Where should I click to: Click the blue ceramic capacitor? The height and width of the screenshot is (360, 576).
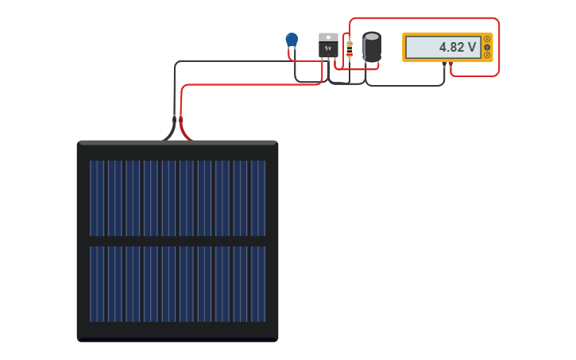tap(292, 39)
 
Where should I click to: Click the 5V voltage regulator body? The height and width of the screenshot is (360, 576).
tap(328, 48)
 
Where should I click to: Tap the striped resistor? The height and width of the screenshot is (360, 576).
tap(350, 48)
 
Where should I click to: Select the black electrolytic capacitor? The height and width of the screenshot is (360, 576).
tap(372, 48)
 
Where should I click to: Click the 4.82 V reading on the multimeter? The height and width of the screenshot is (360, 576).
tap(458, 48)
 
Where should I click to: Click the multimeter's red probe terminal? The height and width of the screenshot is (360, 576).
tap(450, 64)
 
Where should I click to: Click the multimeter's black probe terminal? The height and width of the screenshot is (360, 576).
tap(444, 64)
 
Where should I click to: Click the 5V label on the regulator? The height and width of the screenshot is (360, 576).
tap(328, 48)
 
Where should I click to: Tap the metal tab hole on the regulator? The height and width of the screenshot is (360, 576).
tap(328, 37)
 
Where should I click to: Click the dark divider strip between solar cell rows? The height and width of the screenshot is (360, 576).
tap(177, 241)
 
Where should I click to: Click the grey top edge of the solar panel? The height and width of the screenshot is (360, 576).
tap(177, 143)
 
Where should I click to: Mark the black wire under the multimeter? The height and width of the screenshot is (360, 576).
tap(405, 85)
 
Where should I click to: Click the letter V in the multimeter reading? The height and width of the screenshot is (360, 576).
tap(472, 48)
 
